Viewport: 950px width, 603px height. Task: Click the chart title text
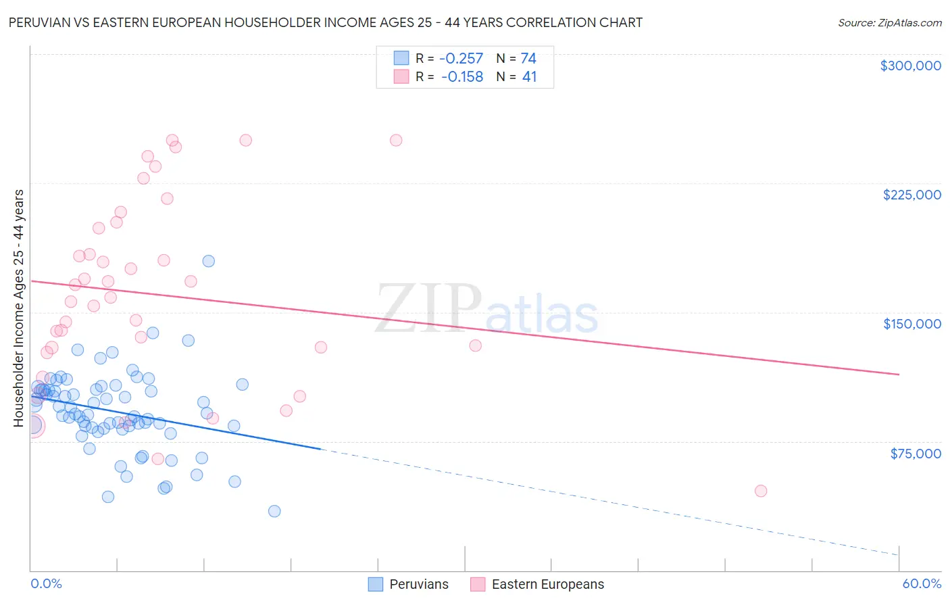point(325,22)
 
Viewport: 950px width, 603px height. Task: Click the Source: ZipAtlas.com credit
point(889,22)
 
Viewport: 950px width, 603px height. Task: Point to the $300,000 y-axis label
point(910,66)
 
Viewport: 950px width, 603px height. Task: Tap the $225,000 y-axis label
point(911,195)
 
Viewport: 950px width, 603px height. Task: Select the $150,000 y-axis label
point(911,324)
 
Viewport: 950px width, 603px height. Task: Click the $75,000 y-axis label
point(915,454)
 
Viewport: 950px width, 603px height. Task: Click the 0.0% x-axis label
point(46,583)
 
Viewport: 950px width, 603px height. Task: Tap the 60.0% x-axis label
point(921,583)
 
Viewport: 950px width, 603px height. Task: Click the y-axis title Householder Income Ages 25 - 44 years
point(19,308)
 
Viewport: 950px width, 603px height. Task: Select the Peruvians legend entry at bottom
point(408,584)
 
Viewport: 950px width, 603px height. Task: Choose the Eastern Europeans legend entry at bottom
point(537,584)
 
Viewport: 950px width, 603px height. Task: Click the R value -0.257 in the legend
point(462,59)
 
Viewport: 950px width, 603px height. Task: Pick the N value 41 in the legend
point(529,77)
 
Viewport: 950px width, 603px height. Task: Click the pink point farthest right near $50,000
point(761,491)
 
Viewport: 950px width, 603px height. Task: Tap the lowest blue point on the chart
point(274,511)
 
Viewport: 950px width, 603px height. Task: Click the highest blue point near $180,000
point(209,261)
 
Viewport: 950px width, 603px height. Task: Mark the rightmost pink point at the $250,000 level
point(396,141)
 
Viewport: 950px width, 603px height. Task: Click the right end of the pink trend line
point(899,374)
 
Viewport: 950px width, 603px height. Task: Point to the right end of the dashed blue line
point(899,554)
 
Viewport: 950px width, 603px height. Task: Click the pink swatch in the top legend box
point(401,76)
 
